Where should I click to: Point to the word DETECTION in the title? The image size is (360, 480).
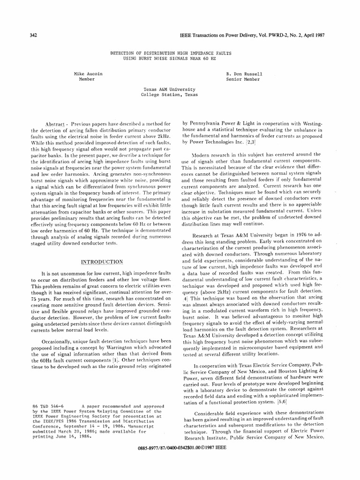click(x=125, y=53)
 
